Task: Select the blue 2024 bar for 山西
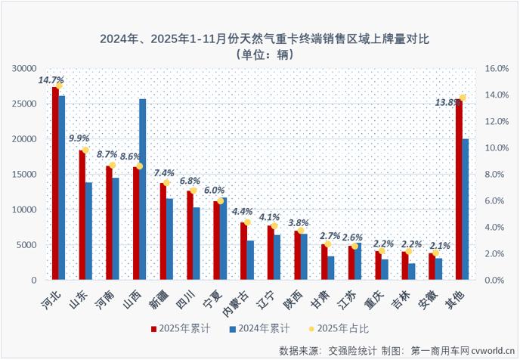[x=142, y=189]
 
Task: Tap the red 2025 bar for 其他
[x=458, y=189]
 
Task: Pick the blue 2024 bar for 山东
[x=88, y=231]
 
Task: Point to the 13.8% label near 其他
[x=447, y=102]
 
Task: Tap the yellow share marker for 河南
[x=113, y=165]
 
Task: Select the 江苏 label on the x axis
[x=348, y=298]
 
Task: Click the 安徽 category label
[x=429, y=298]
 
